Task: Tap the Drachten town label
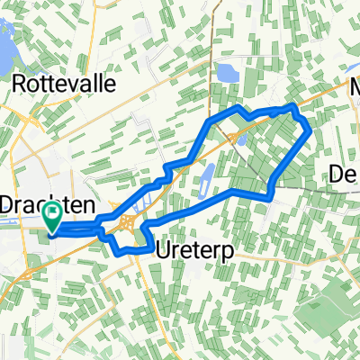pos(41,204)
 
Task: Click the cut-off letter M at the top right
pos(353,91)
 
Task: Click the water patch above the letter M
pos(354,68)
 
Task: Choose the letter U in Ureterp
pos(162,250)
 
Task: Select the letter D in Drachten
pos(7,204)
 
